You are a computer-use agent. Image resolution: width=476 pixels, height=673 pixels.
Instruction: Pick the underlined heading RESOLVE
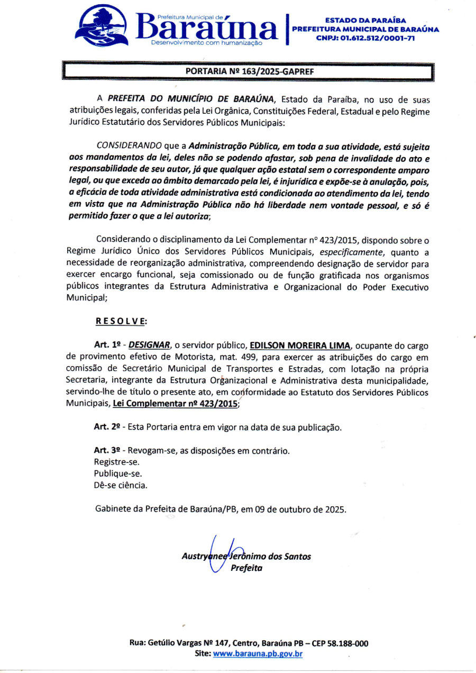coord(121,321)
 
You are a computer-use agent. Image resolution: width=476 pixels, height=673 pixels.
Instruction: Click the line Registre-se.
coord(116,462)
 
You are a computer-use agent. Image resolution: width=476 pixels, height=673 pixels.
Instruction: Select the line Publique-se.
coord(117,474)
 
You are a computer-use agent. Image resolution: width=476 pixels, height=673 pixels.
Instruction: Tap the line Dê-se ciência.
coord(121,485)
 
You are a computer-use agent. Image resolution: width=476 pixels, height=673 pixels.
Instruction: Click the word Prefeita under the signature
coord(246,568)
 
